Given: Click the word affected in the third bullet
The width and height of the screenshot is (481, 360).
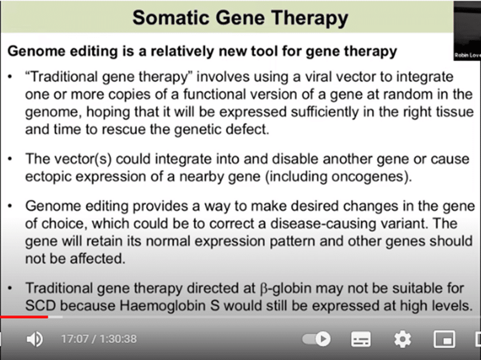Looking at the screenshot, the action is pyautogui.click(x=97, y=259).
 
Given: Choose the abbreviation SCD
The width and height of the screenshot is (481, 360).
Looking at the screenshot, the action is pyautogui.click(x=41, y=305).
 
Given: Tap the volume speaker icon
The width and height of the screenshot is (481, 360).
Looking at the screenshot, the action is pyautogui.click(x=35, y=339).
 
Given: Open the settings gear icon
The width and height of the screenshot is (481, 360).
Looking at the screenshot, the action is pyautogui.click(x=403, y=339).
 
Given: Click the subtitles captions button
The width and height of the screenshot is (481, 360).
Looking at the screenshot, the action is pyautogui.click(x=361, y=339).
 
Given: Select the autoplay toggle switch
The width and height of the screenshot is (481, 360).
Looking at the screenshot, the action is pyautogui.click(x=317, y=339).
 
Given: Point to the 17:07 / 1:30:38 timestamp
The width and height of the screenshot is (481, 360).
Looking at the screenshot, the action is pyautogui.click(x=99, y=339).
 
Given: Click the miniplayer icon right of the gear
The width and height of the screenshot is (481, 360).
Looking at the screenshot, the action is pyautogui.click(x=444, y=339).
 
